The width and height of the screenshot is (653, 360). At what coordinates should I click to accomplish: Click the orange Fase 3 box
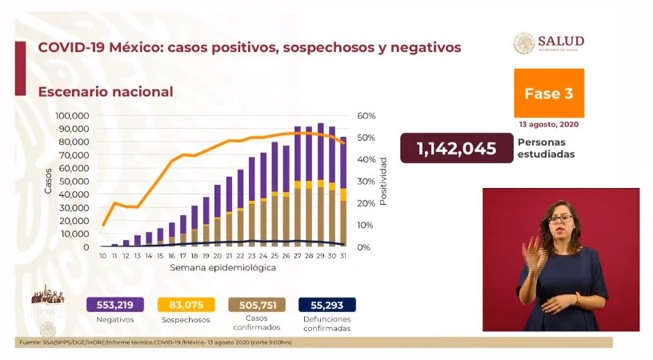coord(548,94)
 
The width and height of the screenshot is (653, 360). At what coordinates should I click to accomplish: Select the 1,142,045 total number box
coord(455,149)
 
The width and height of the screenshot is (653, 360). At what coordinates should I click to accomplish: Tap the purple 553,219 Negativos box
coord(115,304)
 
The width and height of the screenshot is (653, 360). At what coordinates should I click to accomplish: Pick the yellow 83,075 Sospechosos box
coord(186,304)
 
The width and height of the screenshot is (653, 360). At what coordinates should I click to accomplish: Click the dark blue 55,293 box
coord(326,304)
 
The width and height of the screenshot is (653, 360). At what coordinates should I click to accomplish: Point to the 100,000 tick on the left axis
coord(71,116)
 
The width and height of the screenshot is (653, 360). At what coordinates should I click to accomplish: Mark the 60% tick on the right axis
coord(367,116)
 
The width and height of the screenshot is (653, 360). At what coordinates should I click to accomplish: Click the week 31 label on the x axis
coord(343,256)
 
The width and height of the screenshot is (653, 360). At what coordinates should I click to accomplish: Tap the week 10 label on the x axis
coord(103,256)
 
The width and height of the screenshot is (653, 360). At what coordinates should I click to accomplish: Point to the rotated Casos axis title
coord(48,181)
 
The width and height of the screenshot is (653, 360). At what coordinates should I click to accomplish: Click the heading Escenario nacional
coord(106,92)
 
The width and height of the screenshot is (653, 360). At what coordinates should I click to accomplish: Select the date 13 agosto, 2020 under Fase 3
coord(549,125)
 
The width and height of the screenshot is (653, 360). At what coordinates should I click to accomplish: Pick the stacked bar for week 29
coord(321,185)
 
